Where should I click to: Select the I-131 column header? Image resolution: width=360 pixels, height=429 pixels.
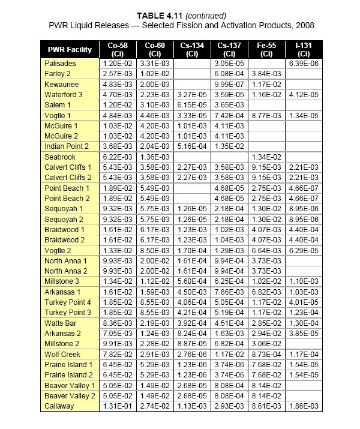click(303, 49)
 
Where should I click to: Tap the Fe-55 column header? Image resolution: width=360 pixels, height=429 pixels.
click(266, 49)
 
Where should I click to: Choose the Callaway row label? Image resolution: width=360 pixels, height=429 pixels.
click(59, 407)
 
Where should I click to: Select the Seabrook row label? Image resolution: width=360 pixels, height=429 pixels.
click(61, 156)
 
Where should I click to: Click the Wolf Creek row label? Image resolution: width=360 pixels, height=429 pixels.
click(63, 354)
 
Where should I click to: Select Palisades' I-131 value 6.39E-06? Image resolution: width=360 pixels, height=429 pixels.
click(303, 63)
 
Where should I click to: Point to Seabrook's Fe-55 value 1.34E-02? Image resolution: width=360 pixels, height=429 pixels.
click(266, 156)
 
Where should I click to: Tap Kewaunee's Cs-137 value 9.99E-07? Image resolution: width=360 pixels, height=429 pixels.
click(230, 85)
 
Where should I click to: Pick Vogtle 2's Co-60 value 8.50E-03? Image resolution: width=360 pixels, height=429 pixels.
click(156, 251)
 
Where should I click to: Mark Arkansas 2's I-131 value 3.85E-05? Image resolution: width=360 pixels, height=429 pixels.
click(303, 333)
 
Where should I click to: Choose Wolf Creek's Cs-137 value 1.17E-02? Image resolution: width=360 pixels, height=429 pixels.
click(230, 354)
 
